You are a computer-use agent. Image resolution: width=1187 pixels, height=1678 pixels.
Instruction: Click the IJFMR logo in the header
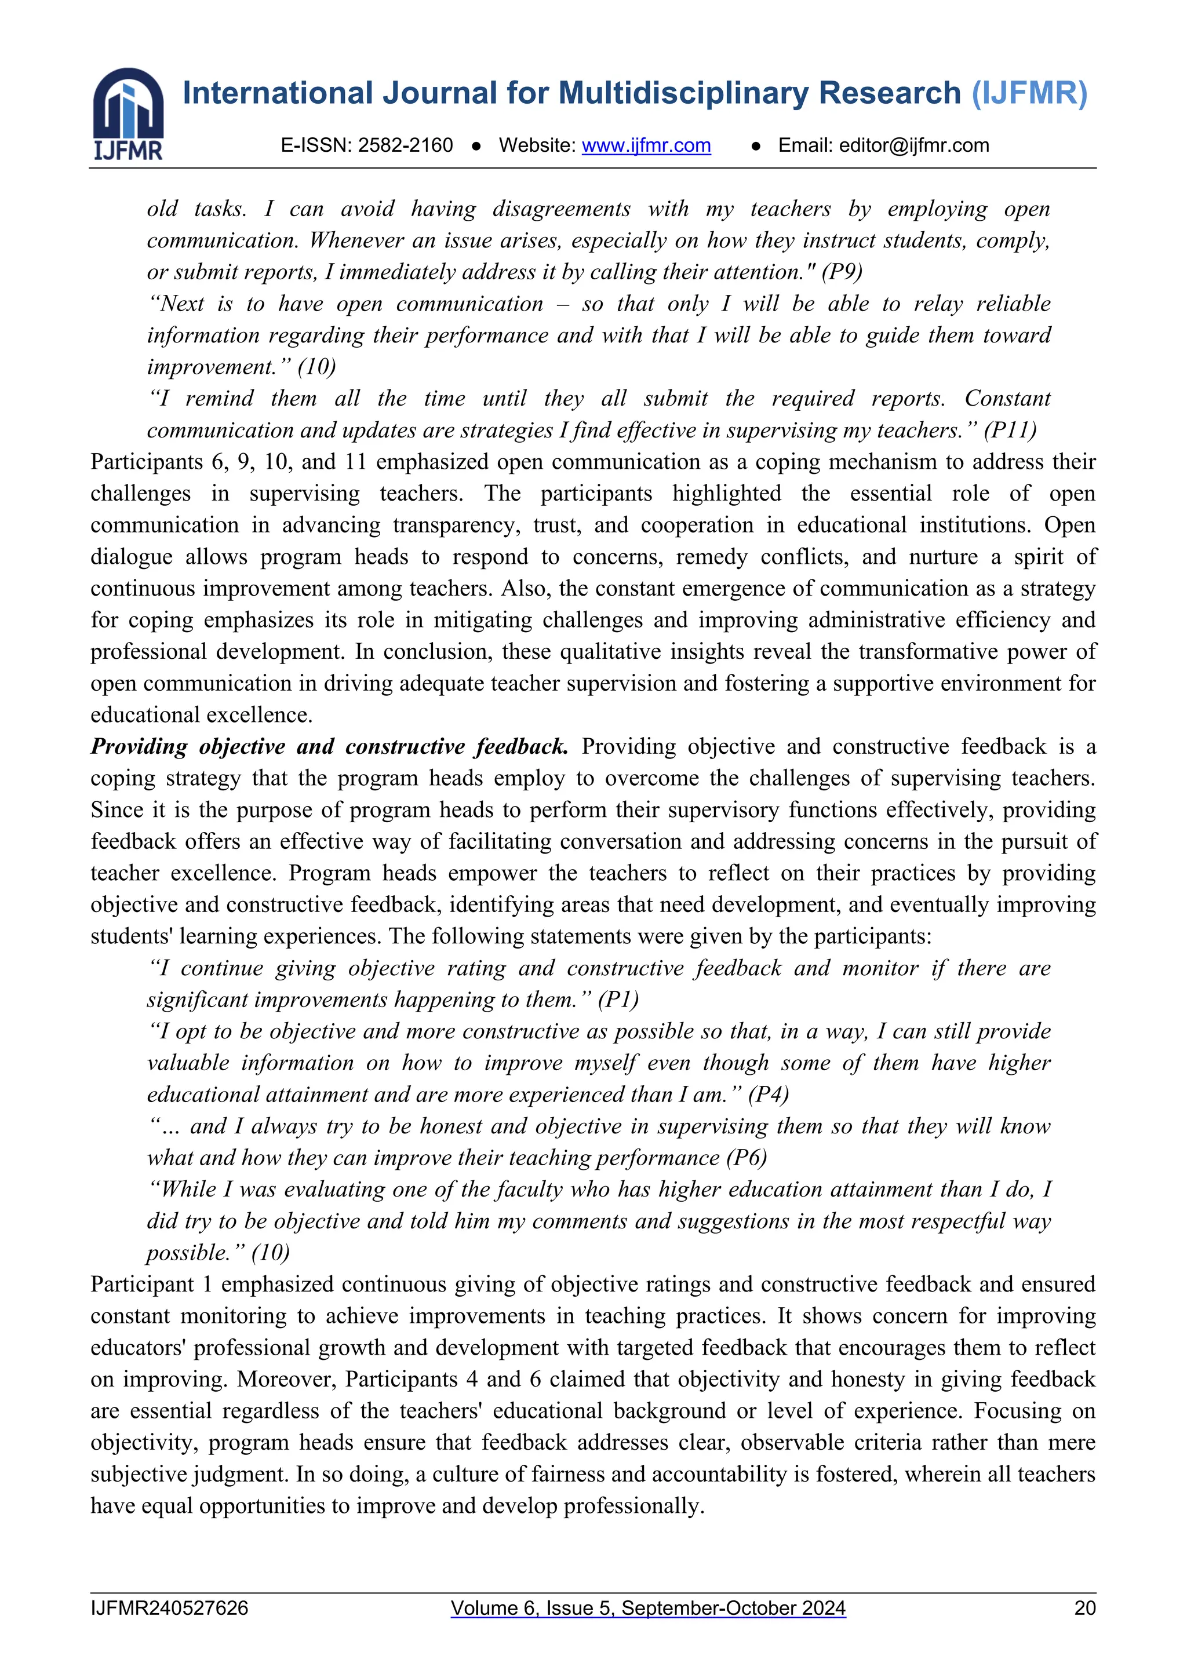128,114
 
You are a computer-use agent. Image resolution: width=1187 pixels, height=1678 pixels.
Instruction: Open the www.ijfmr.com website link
646,145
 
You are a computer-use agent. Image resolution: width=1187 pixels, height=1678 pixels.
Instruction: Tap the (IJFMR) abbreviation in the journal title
1029,93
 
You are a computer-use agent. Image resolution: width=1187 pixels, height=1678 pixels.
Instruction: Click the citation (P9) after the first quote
842,272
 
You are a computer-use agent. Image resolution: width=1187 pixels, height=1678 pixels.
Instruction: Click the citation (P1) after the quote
618,999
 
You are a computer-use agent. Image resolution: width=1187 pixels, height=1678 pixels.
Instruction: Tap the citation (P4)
768,1094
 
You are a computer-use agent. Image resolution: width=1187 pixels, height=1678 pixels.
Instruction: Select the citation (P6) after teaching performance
747,1158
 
